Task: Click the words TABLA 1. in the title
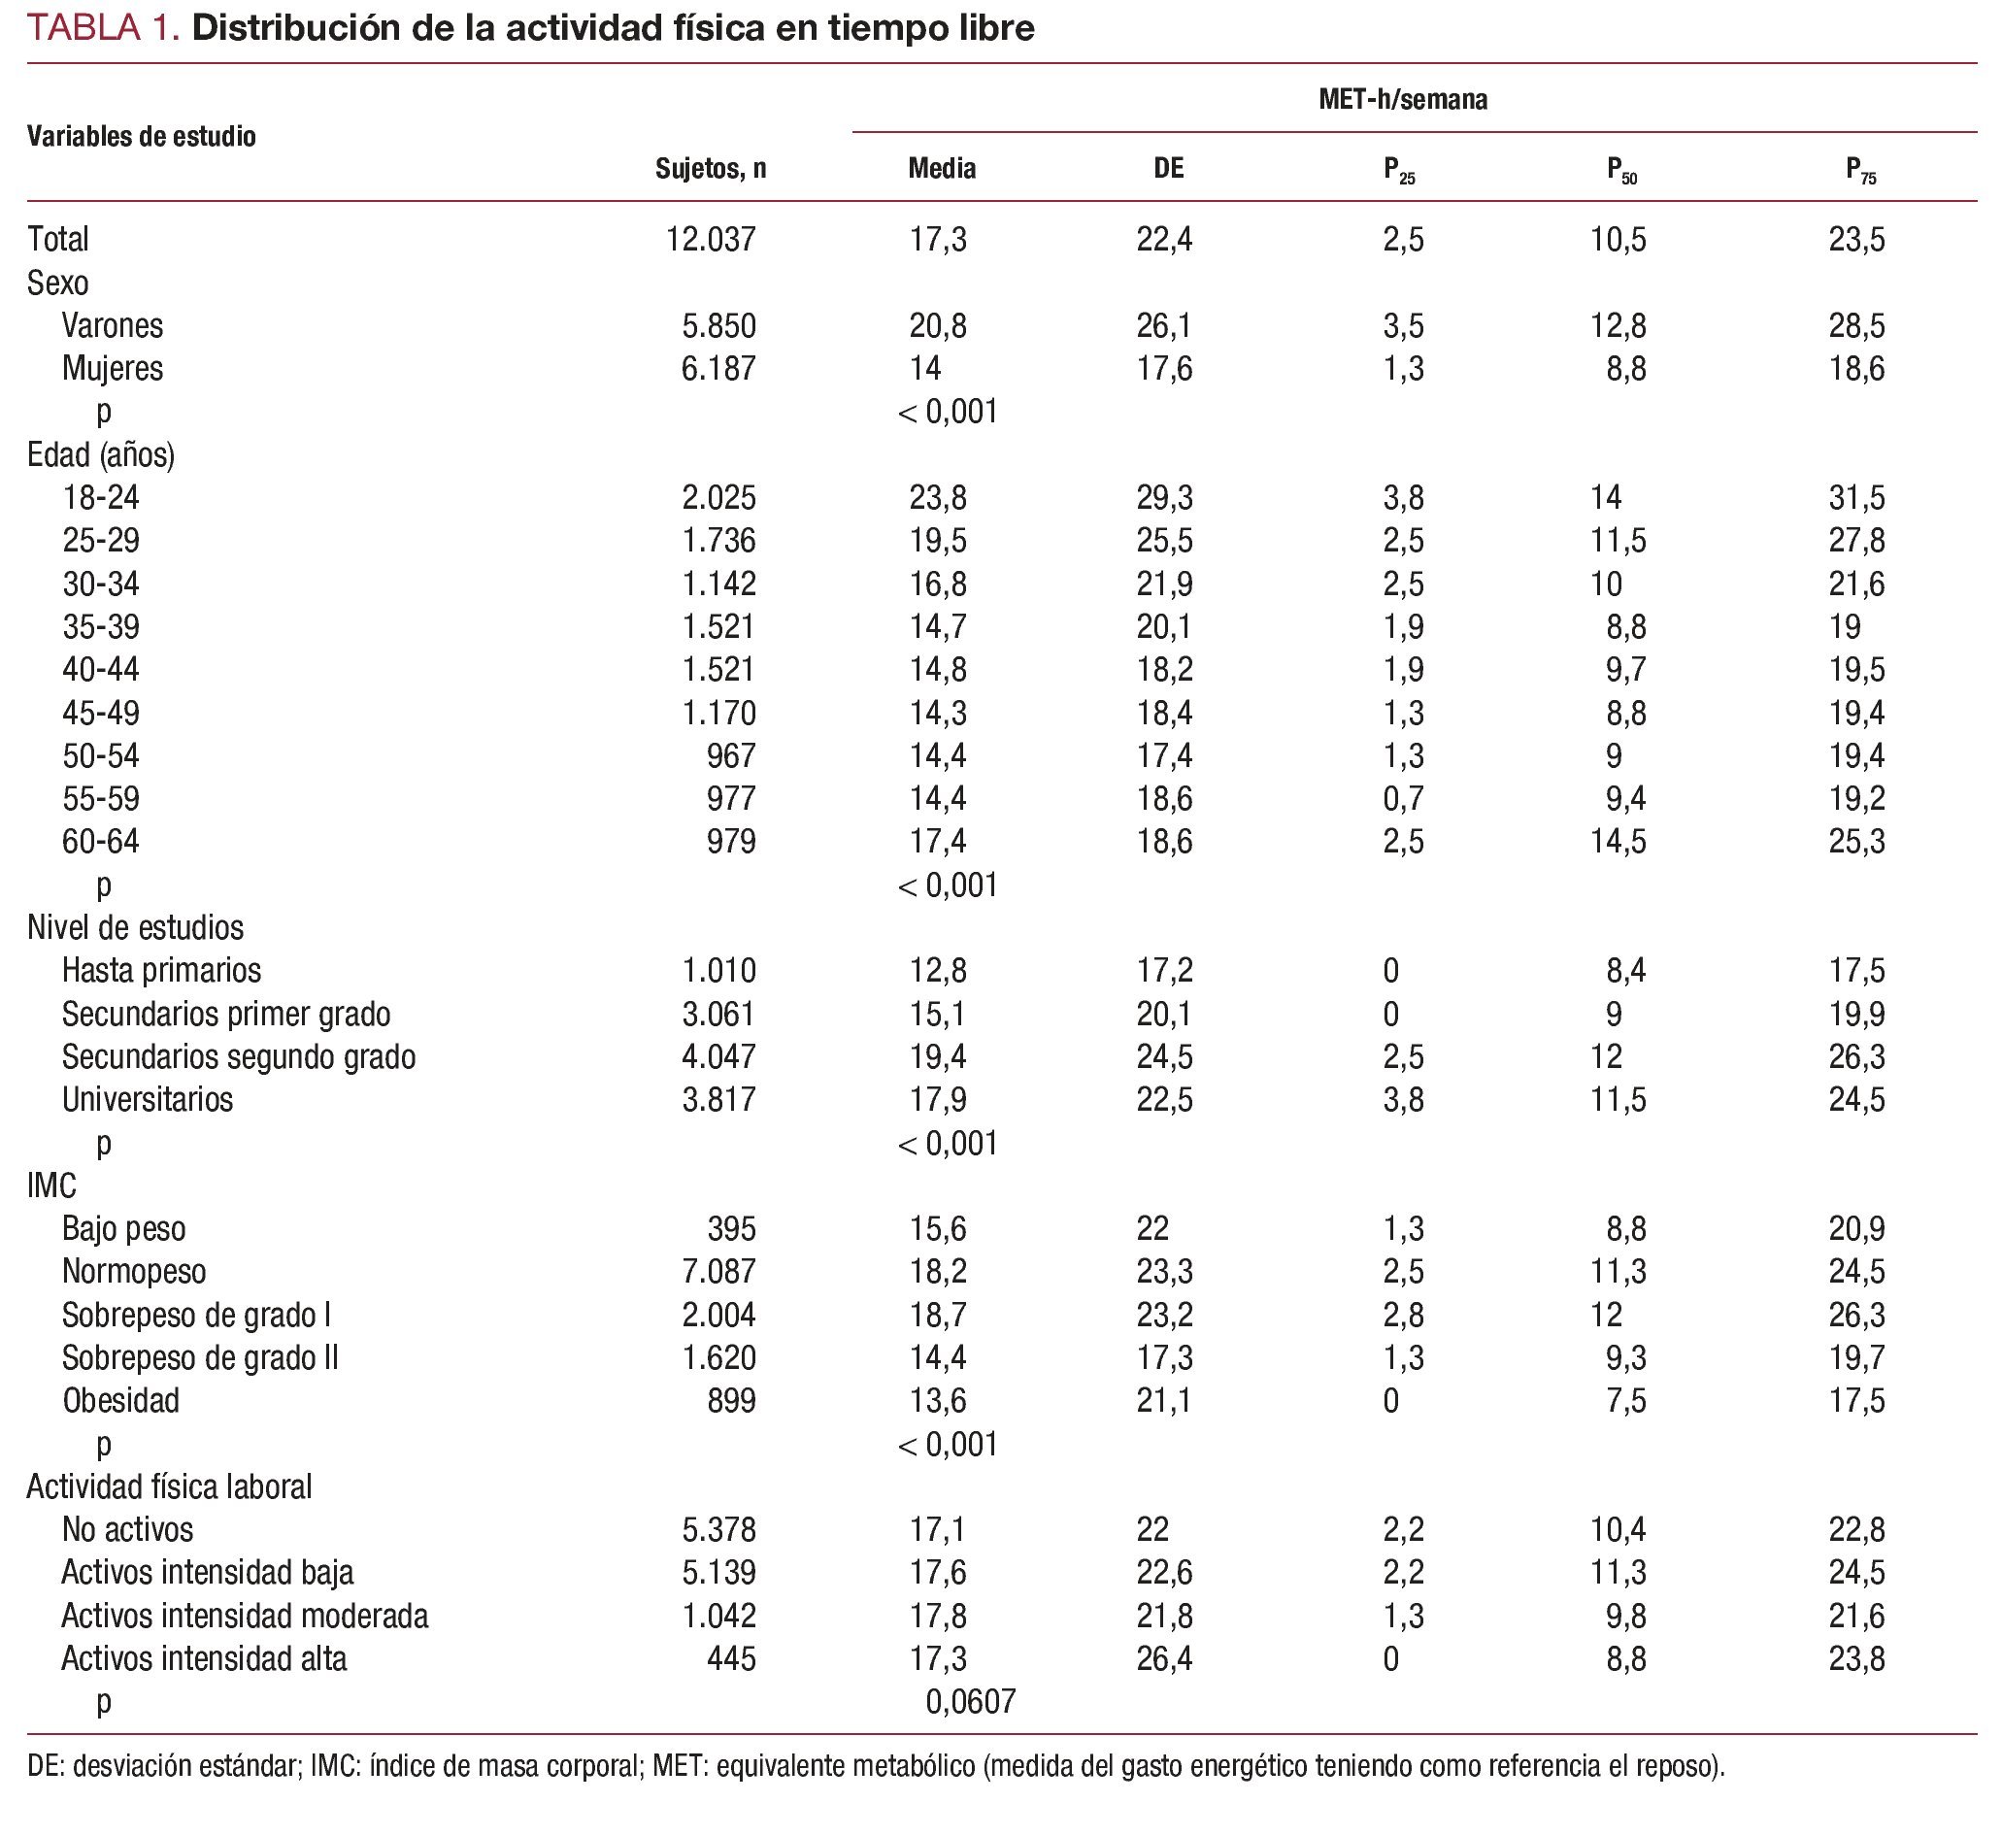[x=103, y=28]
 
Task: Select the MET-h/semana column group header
[x=1402, y=100]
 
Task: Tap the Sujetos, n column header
[x=711, y=169]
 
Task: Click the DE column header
[x=1168, y=169]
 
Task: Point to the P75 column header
[x=1861, y=171]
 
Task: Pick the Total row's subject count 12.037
[x=711, y=240]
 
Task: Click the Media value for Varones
[x=938, y=326]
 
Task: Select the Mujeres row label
[x=113, y=369]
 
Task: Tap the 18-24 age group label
[x=100, y=497]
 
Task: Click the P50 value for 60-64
[x=1618, y=842]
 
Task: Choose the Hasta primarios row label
[x=161, y=970]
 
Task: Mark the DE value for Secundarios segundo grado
[x=1164, y=1056]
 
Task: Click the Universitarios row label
[x=147, y=1100]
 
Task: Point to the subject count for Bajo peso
[x=731, y=1229]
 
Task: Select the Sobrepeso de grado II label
[x=200, y=1357]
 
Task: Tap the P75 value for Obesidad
[x=1856, y=1401]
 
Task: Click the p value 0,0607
[x=971, y=1702]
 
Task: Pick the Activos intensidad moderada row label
[x=245, y=1616]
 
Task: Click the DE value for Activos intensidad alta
[x=1164, y=1658]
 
